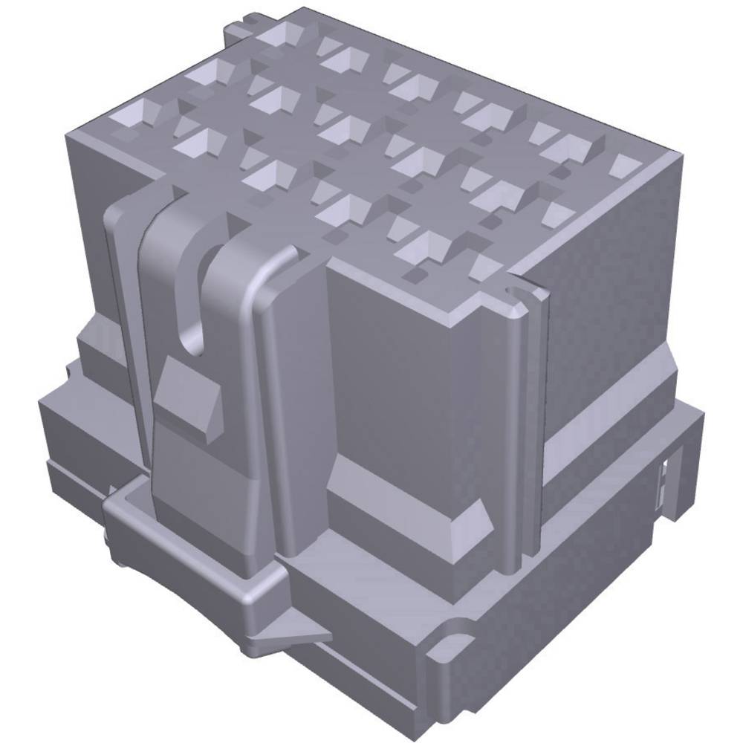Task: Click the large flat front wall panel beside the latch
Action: point(394,386)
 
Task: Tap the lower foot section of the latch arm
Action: point(201,490)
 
